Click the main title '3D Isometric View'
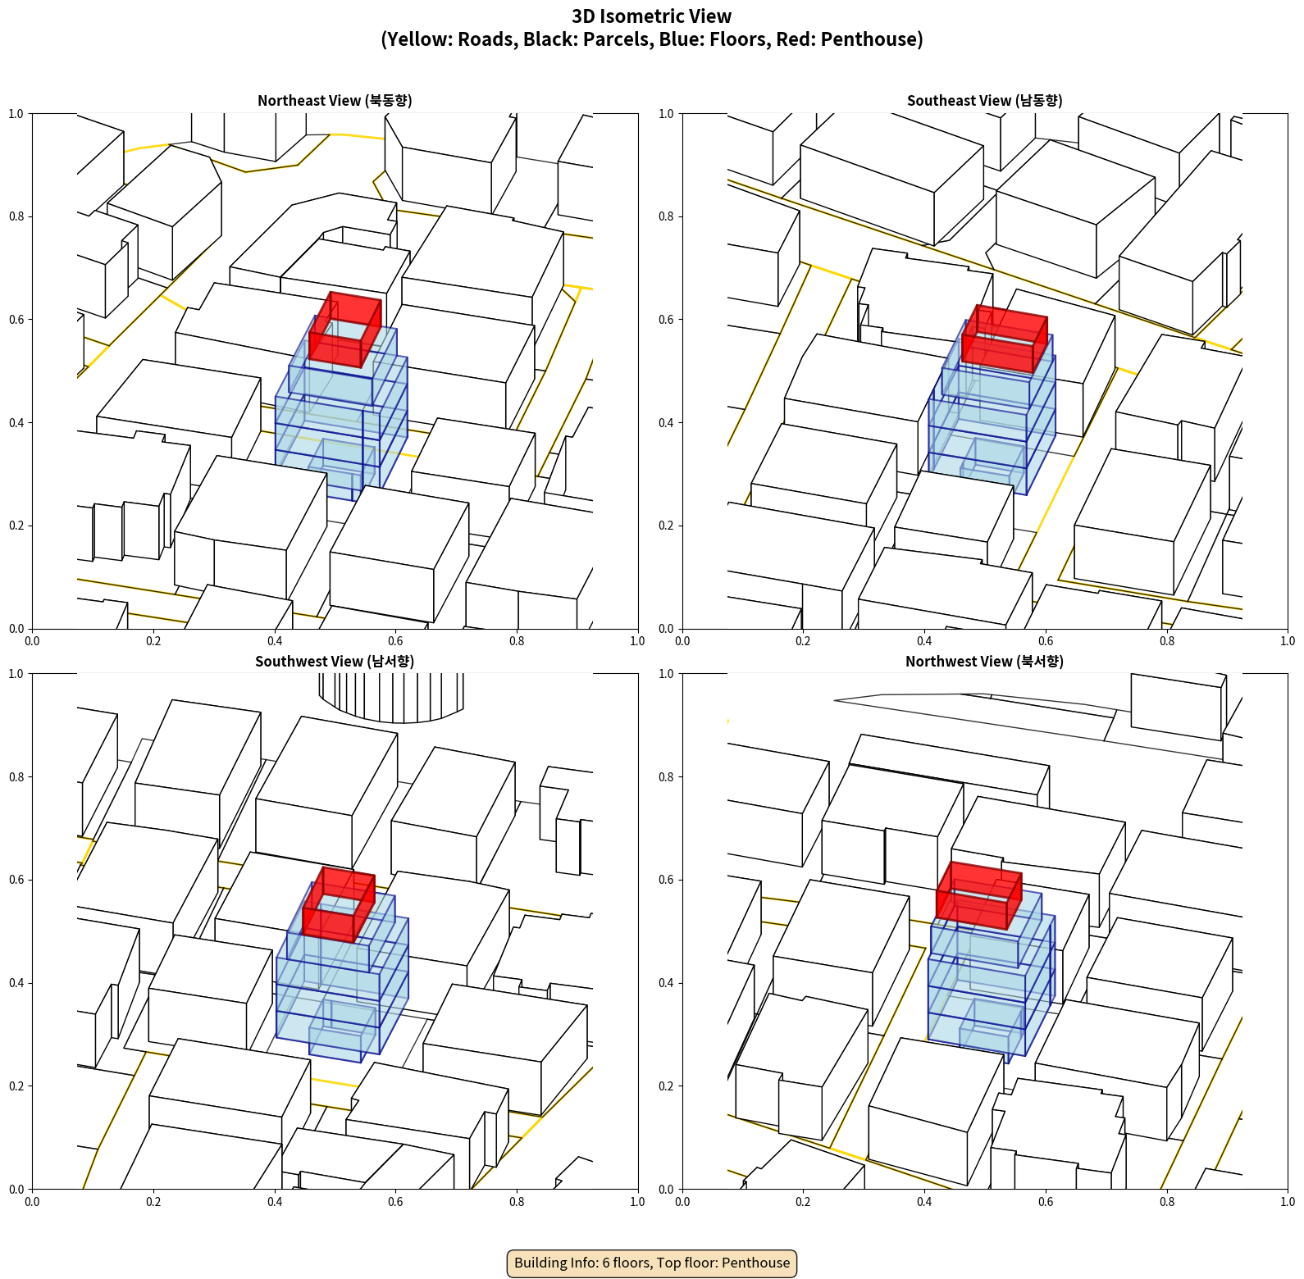pyautogui.click(x=651, y=16)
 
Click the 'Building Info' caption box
pyautogui.click(x=652, y=1263)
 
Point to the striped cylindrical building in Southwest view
pyautogui.click(x=391, y=697)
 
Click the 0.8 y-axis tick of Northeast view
pyautogui.click(x=16, y=216)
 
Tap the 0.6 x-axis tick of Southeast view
pyautogui.click(x=1046, y=641)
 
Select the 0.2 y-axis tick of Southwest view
pyautogui.click(x=16, y=1086)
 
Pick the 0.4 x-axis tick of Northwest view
pyautogui.click(x=924, y=1202)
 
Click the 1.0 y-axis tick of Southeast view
pyautogui.click(x=666, y=113)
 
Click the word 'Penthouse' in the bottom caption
pyautogui.click(x=757, y=1263)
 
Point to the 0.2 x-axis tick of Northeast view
pyautogui.click(x=153, y=641)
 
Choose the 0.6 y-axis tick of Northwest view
pyautogui.click(x=666, y=880)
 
